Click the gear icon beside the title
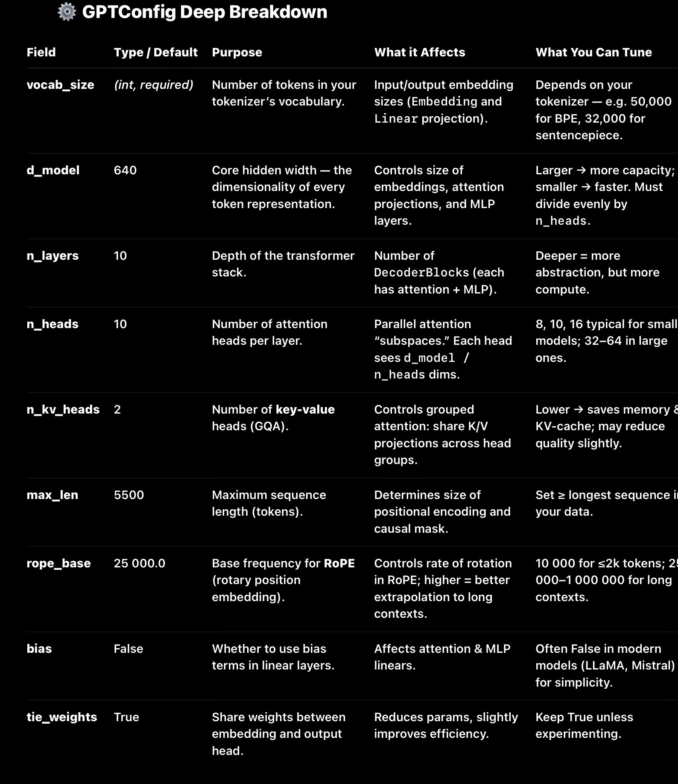pyautogui.click(x=67, y=12)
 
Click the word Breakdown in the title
pyautogui.click(x=278, y=12)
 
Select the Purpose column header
pyautogui.click(x=237, y=52)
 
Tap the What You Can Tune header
pyautogui.click(x=593, y=52)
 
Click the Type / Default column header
pyautogui.click(x=155, y=52)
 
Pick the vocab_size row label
pyautogui.click(x=60, y=85)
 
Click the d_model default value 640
pyautogui.click(x=125, y=170)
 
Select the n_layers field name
pyautogui.click(x=53, y=255)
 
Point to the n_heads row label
pyautogui.click(x=53, y=324)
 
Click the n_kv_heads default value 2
pyautogui.click(x=117, y=409)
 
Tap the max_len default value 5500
pyautogui.click(x=129, y=495)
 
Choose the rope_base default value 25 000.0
pyautogui.click(x=140, y=563)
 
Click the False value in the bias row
pyautogui.click(x=129, y=649)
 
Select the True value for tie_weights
pyautogui.click(x=126, y=717)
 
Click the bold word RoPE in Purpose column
pyautogui.click(x=339, y=563)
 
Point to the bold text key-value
pyautogui.click(x=305, y=409)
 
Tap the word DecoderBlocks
pyautogui.click(x=421, y=273)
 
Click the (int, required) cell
pyautogui.click(x=154, y=85)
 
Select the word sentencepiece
pyautogui.click(x=579, y=135)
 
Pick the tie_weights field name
pyautogui.click(x=62, y=717)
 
